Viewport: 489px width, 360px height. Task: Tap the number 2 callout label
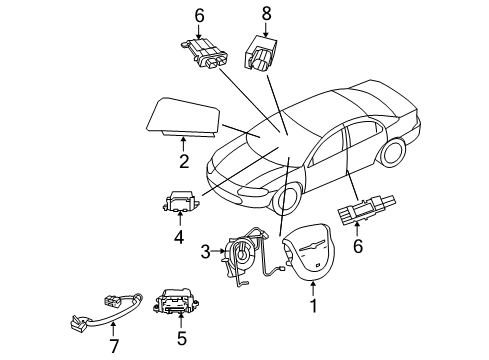coord(182,159)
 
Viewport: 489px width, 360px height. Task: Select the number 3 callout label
coord(206,251)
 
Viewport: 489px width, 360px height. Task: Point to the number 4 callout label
coord(178,238)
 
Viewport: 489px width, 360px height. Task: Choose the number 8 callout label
coord(266,13)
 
